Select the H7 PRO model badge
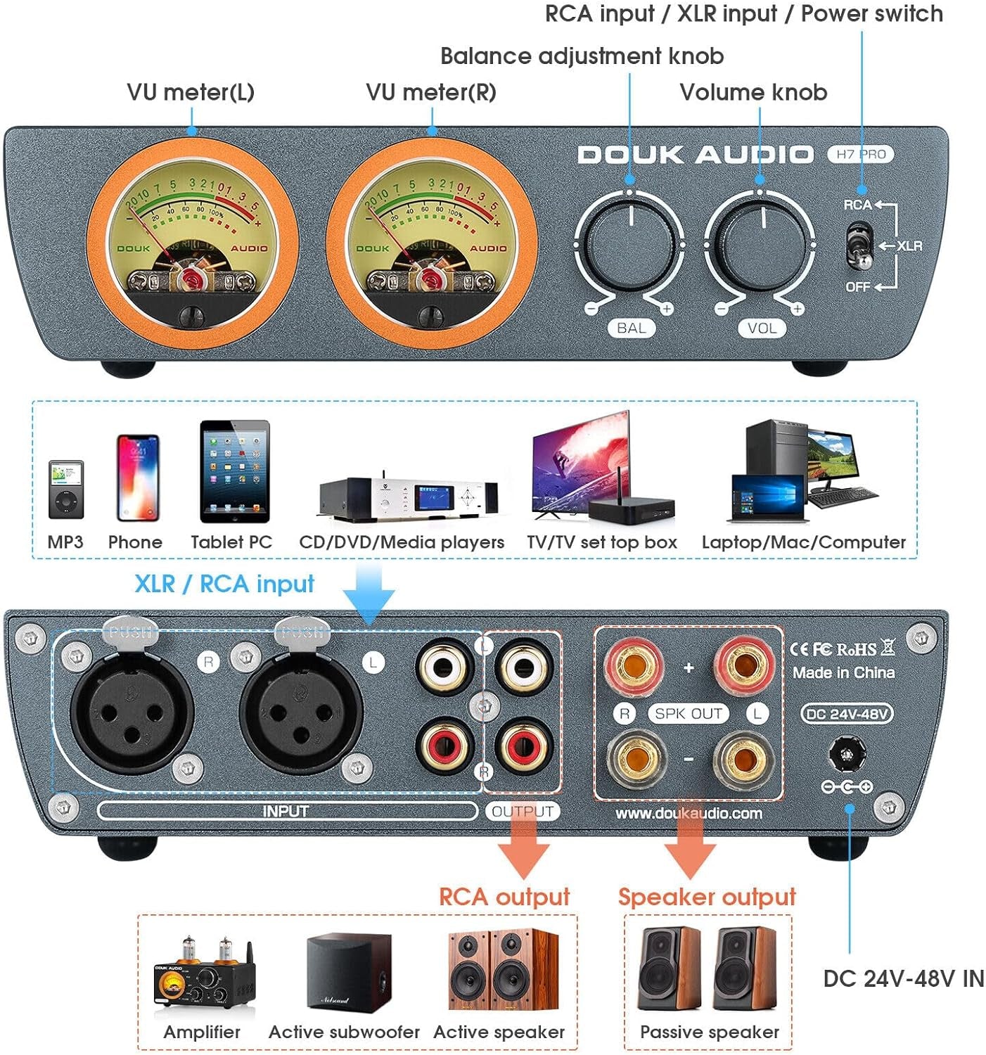click(860, 154)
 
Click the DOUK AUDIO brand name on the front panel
click(695, 155)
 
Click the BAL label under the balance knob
click(631, 328)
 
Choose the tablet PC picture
click(234, 471)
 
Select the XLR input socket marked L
click(301, 716)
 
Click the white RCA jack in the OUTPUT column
click(523, 665)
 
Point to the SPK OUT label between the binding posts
click(689, 713)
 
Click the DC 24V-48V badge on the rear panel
click(847, 713)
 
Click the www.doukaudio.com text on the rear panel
click(689, 813)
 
